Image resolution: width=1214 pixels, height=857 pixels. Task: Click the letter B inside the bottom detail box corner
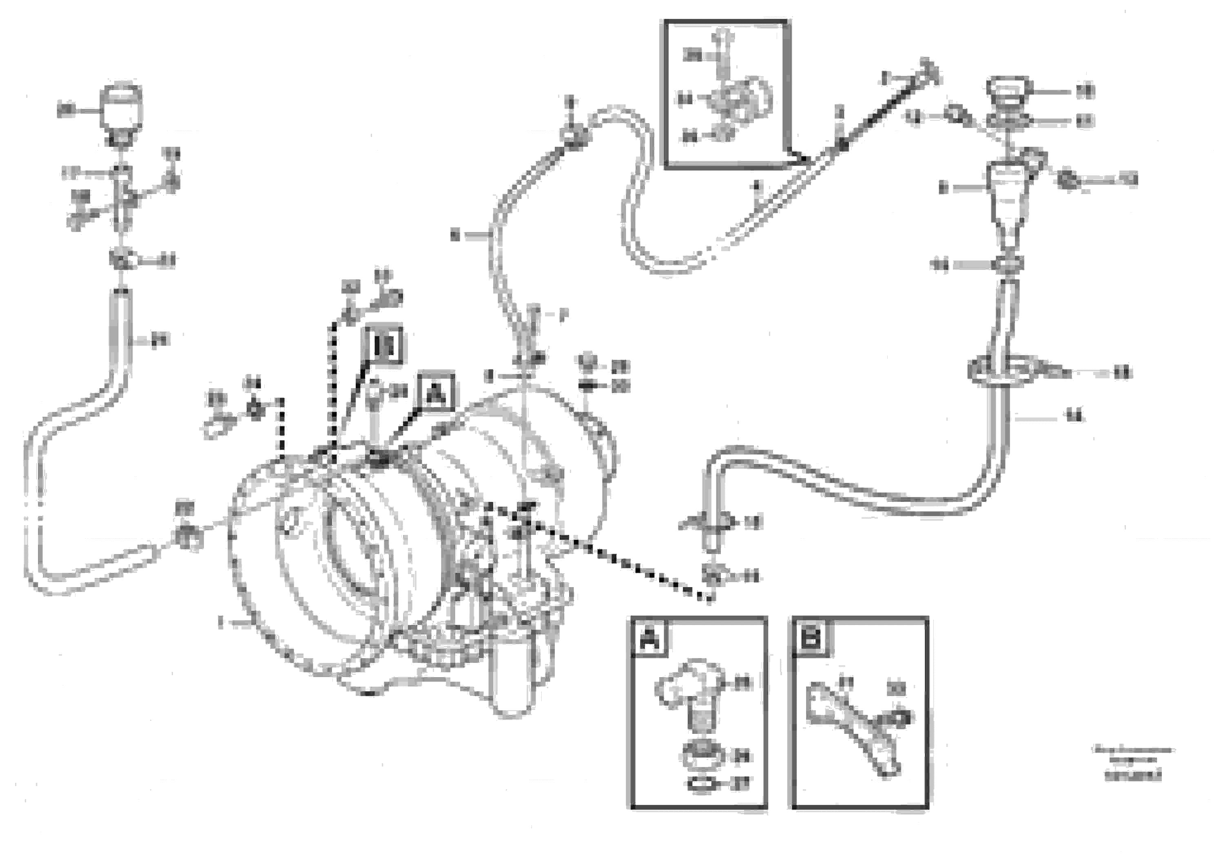(x=811, y=638)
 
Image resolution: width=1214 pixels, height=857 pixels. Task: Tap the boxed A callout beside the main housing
(x=436, y=392)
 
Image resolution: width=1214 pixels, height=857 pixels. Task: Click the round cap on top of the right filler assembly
(x=1008, y=91)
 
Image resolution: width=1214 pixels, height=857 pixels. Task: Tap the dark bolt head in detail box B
(x=896, y=718)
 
